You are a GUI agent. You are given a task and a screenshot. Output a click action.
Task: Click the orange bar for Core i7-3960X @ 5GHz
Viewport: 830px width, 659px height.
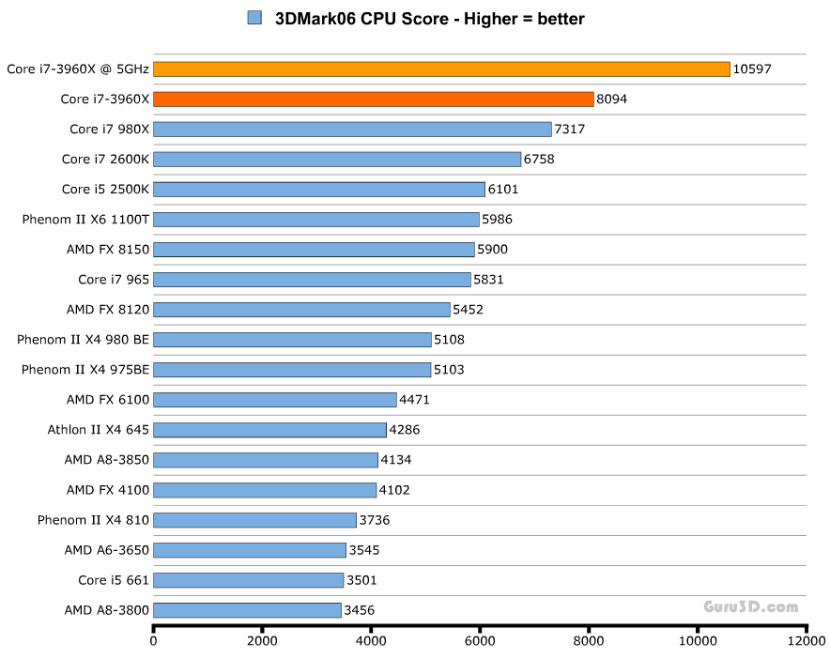click(x=441, y=69)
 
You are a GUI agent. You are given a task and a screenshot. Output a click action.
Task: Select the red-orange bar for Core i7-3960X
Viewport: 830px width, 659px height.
click(x=373, y=99)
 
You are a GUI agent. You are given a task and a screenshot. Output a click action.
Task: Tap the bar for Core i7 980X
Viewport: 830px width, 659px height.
click(x=352, y=129)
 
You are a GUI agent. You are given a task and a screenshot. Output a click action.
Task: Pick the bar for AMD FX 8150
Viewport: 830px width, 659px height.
click(x=314, y=249)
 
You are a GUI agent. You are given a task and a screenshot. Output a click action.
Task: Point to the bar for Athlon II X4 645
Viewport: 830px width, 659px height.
click(x=269, y=429)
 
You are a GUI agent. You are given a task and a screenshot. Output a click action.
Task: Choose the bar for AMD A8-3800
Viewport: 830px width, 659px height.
click(x=247, y=609)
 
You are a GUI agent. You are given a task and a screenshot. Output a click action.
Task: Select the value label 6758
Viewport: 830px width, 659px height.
click(x=539, y=159)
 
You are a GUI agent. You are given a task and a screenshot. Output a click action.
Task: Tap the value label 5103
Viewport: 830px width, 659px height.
click(x=449, y=369)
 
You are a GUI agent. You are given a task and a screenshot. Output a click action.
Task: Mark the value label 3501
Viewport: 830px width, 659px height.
click(x=361, y=579)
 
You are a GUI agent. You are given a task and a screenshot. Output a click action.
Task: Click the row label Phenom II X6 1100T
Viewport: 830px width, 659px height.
click(x=85, y=219)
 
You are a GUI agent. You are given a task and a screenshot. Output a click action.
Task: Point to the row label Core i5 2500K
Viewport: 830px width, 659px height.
click(x=105, y=189)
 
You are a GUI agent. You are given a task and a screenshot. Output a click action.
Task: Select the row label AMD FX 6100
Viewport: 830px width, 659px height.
click(x=107, y=399)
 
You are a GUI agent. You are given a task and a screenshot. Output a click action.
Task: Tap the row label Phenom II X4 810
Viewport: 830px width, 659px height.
click(x=93, y=519)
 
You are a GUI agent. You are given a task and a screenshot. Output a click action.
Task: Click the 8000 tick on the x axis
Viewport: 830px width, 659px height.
click(x=589, y=641)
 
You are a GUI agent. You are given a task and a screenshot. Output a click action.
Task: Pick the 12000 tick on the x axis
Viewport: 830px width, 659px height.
click(x=806, y=641)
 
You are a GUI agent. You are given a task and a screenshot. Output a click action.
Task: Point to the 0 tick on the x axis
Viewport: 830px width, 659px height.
click(x=154, y=641)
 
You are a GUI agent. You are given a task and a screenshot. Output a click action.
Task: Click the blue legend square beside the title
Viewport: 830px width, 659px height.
click(x=254, y=18)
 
